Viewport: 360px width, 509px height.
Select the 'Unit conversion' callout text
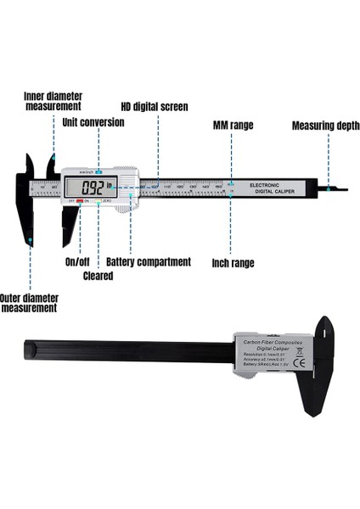(x=93, y=122)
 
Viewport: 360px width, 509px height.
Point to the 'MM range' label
(x=233, y=125)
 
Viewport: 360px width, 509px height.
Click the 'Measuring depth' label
(x=326, y=126)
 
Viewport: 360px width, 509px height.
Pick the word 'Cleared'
(x=98, y=276)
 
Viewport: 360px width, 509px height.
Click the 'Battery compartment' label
(x=149, y=262)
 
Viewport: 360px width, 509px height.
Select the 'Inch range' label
(x=233, y=264)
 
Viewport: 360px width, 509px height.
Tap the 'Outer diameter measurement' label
(x=30, y=303)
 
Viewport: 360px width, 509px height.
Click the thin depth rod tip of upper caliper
(x=338, y=188)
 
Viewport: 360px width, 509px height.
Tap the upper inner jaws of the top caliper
(x=52, y=167)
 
